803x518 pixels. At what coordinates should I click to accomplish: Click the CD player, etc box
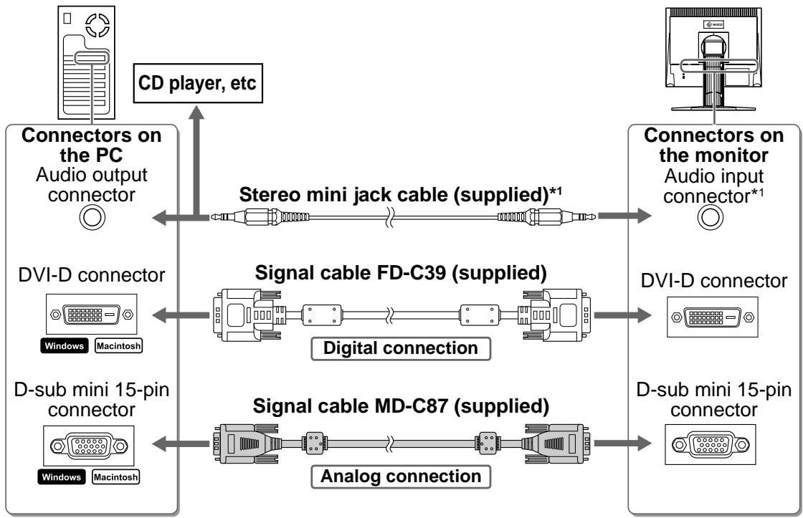point(198,83)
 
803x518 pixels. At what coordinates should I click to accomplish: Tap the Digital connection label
point(401,348)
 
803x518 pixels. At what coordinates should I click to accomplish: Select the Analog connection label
point(401,476)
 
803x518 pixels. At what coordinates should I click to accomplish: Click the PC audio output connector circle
point(92,217)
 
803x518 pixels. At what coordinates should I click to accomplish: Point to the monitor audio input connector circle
point(711,217)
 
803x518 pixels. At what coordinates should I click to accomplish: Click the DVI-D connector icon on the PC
point(92,315)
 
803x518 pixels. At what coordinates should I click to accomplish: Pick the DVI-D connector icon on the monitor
point(713,317)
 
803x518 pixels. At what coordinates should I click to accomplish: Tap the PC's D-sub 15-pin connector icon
point(89,446)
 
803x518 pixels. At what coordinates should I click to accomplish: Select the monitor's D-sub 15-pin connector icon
point(711,444)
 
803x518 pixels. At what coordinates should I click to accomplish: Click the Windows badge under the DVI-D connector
point(64,346)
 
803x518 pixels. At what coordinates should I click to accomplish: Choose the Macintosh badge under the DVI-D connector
point(118,346)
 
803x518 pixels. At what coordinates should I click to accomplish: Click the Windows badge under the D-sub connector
point(62,477)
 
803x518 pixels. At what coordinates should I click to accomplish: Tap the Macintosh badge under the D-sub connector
point(115,477)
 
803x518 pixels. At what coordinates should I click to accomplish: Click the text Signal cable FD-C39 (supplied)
point(401,273)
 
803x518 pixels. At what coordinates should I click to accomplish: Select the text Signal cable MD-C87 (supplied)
point(401,406)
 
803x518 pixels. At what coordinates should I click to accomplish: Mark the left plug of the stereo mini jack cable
point(260,217)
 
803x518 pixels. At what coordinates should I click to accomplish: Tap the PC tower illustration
point(86,62)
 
